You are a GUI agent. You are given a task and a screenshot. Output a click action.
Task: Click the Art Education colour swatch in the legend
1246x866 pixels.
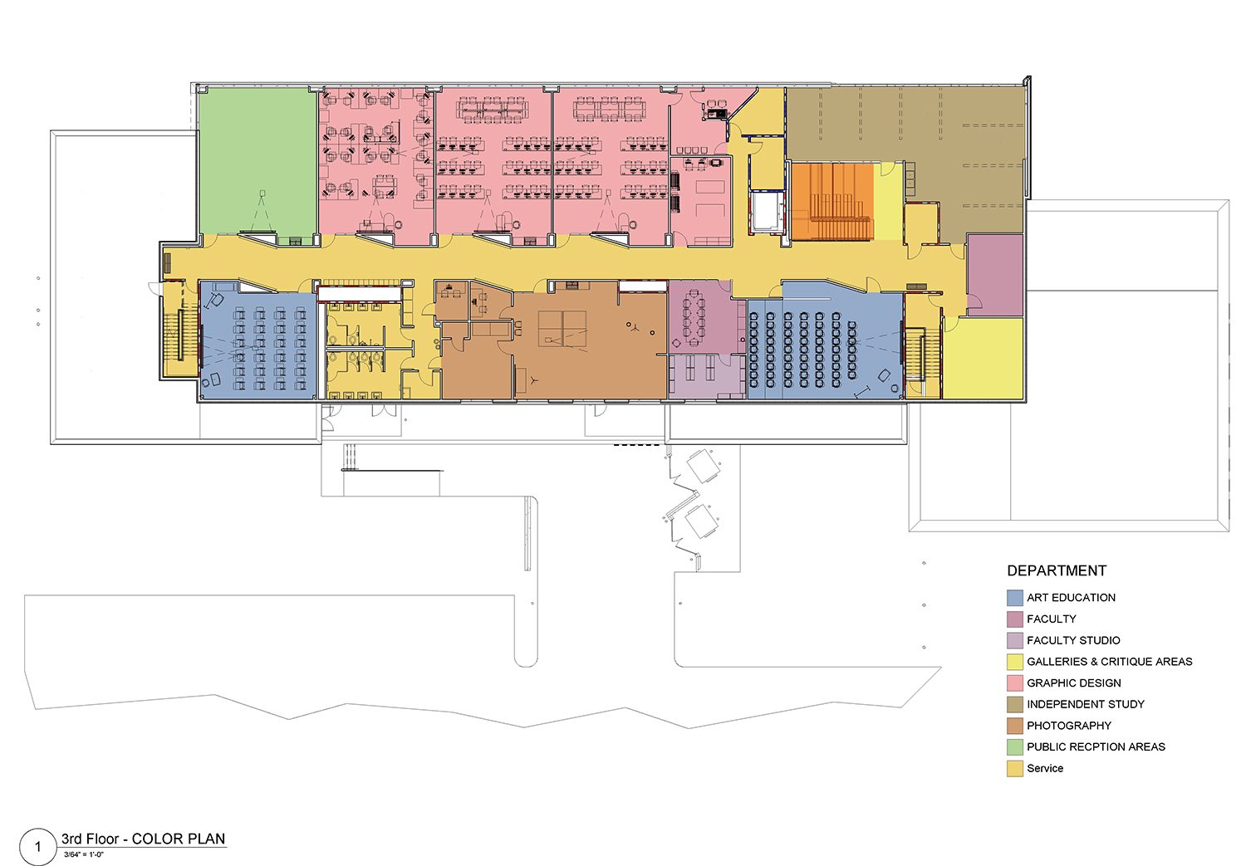tap(1014, 598)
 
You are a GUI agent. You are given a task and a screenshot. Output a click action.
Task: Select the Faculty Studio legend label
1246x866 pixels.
tap(1073, 640)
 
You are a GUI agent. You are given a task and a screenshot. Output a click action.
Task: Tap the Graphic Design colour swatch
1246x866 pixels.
tap(1014, 683)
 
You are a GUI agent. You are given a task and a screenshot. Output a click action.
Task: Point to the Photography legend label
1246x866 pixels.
tap(1068, 726)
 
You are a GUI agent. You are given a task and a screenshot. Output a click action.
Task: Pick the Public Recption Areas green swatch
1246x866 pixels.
tap(1014, 747)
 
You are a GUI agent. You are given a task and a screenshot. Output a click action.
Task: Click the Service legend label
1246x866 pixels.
tap(1045, 768)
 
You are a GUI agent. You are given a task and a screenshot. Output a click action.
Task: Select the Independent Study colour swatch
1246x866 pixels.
tap(1014, 704)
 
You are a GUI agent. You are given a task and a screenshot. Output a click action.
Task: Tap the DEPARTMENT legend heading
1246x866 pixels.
tap(1057, 571)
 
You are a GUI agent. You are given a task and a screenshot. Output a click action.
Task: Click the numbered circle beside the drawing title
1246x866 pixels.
tap(38, 847)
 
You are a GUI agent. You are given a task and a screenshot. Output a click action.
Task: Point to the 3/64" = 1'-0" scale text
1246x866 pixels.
tap(83, 854)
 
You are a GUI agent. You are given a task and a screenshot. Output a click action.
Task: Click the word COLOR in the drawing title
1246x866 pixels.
tap(158, 839)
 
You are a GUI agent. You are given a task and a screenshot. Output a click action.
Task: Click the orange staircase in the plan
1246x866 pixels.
tap(831, 201)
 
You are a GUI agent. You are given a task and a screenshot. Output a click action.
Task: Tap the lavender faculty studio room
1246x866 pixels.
tap(706, 376)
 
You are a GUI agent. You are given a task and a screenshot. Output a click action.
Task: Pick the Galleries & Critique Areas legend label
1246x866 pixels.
tap(1109, 662)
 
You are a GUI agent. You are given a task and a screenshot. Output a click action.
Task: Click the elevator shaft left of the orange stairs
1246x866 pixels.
tap(767, 212)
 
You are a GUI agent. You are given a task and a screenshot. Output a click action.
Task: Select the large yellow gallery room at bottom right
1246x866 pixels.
tap(984, 358)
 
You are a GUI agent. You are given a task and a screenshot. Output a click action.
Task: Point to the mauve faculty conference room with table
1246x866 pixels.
tap(706, 317)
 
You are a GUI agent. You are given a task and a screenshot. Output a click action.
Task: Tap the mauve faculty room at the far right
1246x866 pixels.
tap(995, 275)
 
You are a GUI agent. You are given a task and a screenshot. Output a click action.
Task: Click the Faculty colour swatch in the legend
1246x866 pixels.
tap(1014, 619)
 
